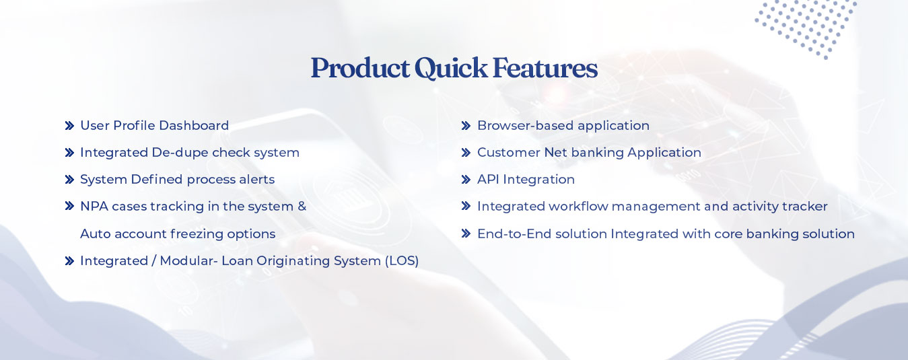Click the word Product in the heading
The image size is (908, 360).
pos(360,68)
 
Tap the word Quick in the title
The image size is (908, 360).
pos(450,68)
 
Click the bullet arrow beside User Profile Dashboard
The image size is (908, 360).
pos(69,126)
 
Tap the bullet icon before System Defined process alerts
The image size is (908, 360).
pos(69,180)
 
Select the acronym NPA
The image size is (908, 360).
pos(94,207)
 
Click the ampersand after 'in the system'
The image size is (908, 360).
pos(302,207)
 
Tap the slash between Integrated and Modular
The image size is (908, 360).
pos(154,260)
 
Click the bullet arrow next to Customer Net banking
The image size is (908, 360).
pos(466,153)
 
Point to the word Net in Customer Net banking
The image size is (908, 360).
pos(555,153)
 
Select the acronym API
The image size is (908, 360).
pos(488,179)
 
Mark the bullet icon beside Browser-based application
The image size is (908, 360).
pos(466,126)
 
